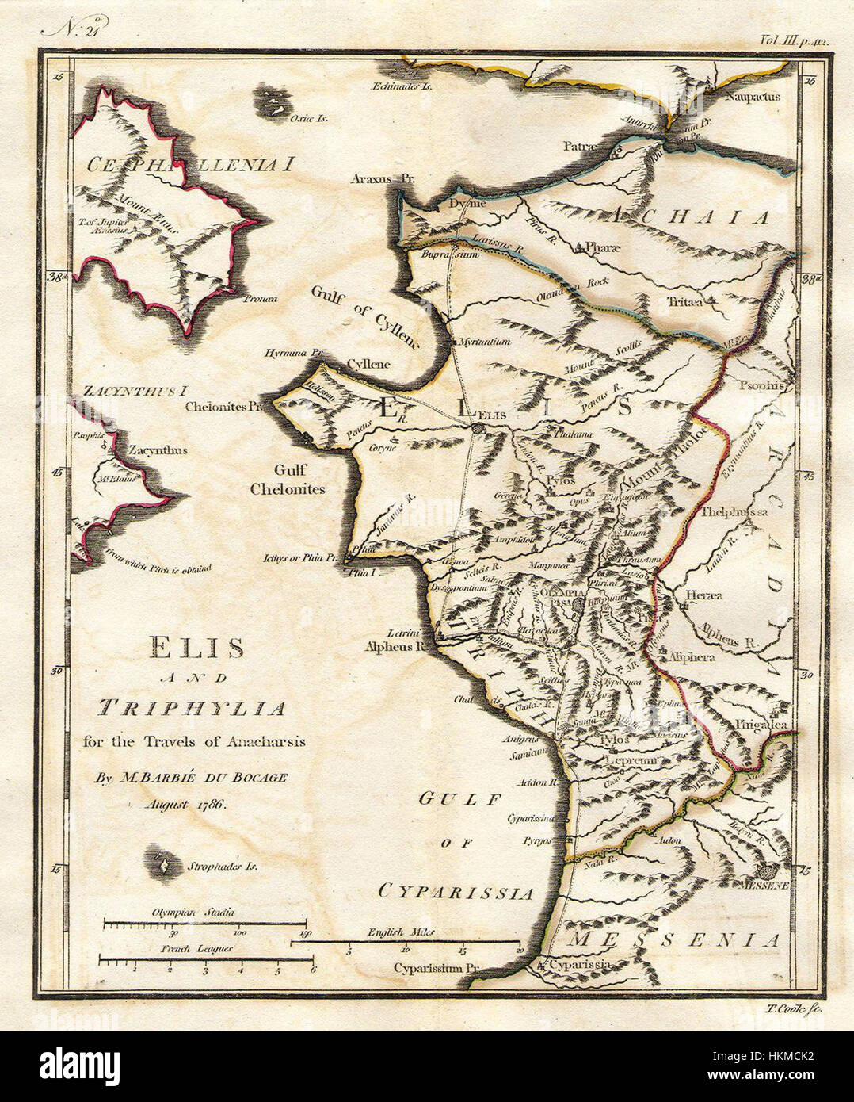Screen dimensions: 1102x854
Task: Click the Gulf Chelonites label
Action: tap(288, 481)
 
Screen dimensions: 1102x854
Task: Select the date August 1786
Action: tap(186, 803)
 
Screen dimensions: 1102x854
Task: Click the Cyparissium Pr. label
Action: tap(437, 968)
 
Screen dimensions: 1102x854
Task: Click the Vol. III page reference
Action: tap(793, 38)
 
